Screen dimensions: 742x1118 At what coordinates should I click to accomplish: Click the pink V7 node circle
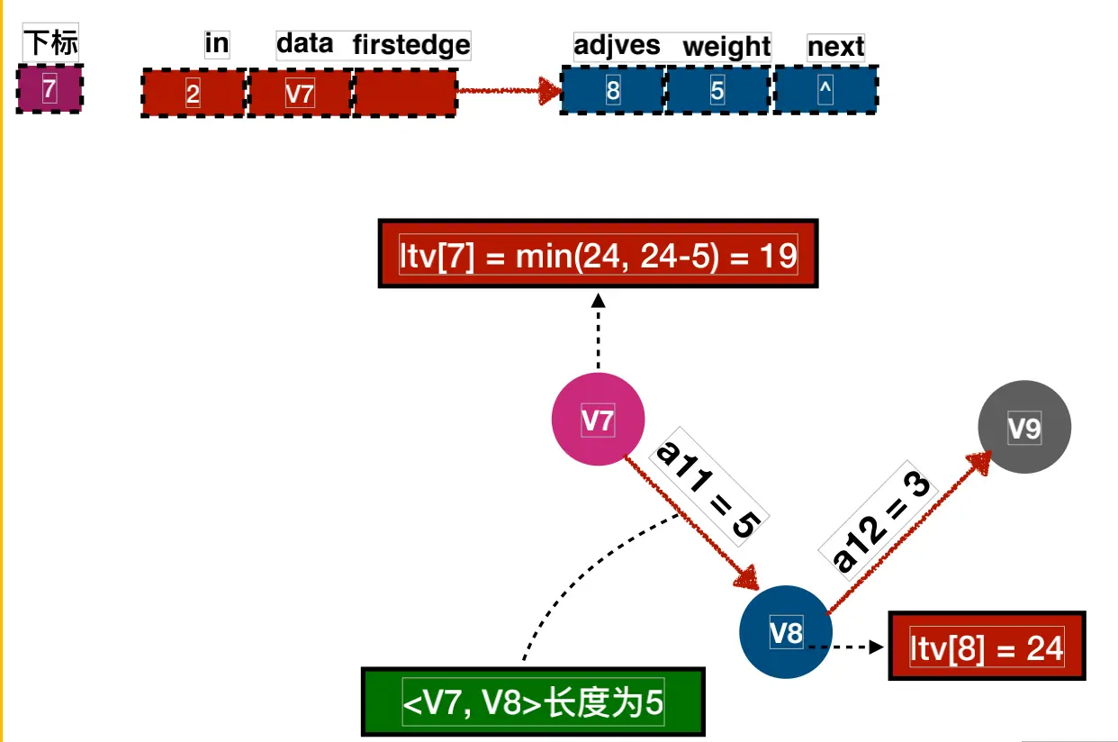click(598, 419)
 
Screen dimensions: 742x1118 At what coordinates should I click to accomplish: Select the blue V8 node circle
click(786, 631)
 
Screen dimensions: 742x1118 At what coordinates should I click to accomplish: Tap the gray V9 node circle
click(1023, 427)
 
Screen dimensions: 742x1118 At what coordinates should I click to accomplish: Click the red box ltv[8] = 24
click(987, 647)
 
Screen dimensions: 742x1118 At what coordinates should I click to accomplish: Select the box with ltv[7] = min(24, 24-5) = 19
click(598, 254)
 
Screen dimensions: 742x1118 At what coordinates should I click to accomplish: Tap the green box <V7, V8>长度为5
click(532, 702)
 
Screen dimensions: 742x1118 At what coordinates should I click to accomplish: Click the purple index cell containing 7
click(50, 89)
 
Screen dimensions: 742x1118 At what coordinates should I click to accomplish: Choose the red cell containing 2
click(194, 92)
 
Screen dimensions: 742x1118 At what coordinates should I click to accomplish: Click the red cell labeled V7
click(299, 92)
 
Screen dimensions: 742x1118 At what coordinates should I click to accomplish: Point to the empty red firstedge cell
click(405, 92)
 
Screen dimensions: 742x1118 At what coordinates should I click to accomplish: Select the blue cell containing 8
click(613, 90)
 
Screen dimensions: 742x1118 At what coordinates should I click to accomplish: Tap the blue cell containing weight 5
click(717, 90)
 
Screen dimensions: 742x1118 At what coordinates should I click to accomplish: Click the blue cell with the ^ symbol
click(825, 90)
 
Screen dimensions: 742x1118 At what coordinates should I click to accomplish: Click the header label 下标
click(50, 43)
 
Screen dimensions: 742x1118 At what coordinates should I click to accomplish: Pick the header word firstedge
click(411, 44)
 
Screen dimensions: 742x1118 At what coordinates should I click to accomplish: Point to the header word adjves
click(617, 46)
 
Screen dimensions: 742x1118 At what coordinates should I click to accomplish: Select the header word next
click(835, 47)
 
